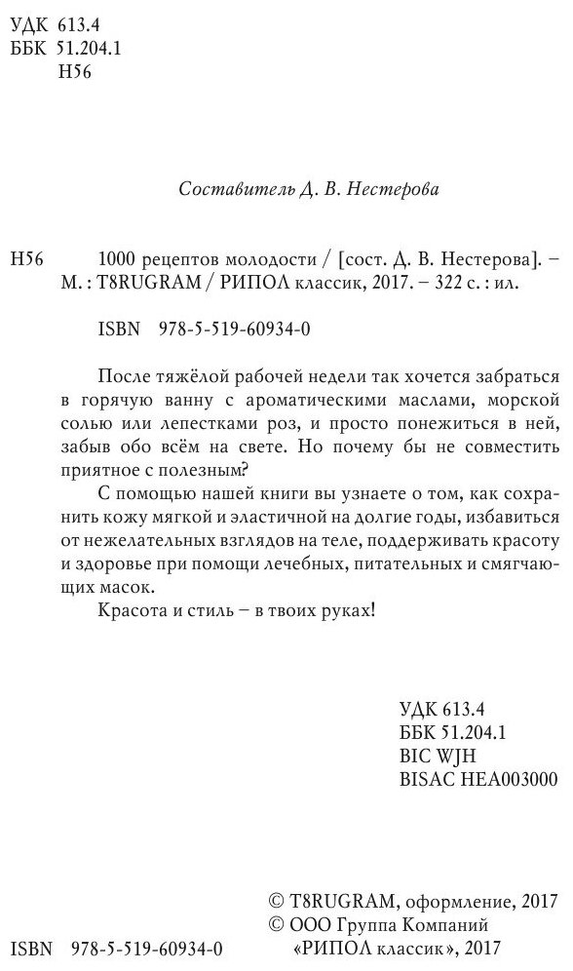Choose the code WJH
[453, 755]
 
